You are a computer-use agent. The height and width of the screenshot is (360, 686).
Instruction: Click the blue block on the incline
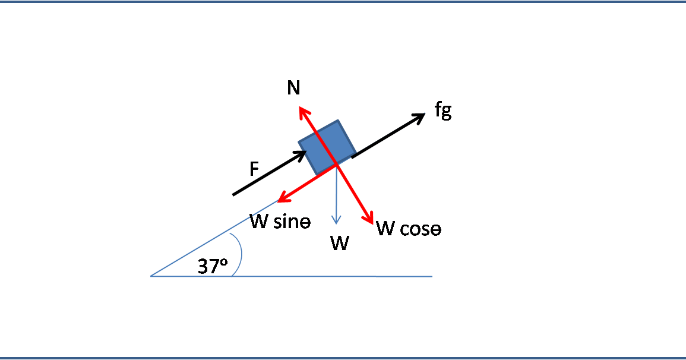[x=327, y=147]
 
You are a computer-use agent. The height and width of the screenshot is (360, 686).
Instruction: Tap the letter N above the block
[x=293, y=87]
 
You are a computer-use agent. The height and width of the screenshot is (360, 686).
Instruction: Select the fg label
[x=443, y=110]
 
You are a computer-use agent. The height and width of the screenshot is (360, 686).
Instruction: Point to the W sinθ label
[x=280, y=222]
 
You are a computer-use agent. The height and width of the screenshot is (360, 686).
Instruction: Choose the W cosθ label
[x=409, y=228]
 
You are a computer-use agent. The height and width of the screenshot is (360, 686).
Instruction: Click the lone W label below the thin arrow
[x=340, y=243]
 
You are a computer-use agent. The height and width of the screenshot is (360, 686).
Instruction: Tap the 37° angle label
[x=213, y=266]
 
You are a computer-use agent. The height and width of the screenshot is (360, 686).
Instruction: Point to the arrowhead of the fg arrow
[x=419, y=117]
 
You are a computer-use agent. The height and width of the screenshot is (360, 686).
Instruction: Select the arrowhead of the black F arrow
[x=302, y=155]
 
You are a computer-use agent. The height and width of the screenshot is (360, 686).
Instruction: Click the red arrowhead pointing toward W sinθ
[x=283, y=198]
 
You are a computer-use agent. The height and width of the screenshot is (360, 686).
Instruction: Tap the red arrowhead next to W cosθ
[x=368, y=217]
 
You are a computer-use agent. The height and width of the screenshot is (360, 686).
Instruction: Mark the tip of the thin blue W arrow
[x=336, y=223]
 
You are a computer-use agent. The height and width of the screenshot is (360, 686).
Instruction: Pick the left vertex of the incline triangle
[x=151, y=276]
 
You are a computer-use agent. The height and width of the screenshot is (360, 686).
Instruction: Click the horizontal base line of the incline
[x=292, y=276]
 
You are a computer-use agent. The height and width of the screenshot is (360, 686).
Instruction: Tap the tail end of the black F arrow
[x=233, y=195]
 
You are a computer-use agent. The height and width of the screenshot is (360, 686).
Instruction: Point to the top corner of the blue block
[x=338, y=120]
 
